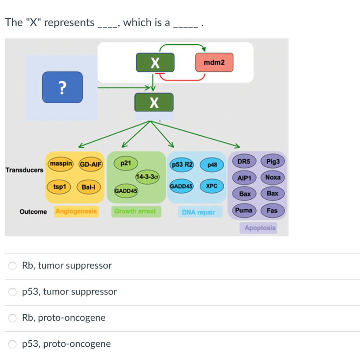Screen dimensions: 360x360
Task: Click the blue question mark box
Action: click(x=63, y=87)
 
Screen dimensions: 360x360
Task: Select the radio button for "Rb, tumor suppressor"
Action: click(x=13, y=266)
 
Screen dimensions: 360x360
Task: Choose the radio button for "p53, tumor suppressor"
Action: click(x=13, y=292)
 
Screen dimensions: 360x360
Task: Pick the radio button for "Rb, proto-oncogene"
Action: click(x=13, y=318)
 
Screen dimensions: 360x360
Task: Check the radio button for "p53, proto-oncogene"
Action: click(x=13, y=344)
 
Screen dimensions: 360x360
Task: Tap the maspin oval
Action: click(x=61, y=164)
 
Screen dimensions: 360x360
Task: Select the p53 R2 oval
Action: click(x=181, y=165)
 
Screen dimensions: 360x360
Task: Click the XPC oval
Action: click(x=212, y=186)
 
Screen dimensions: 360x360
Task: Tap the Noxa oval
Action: click(x=273, y=178)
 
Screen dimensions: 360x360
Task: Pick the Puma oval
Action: click(x=244, y=211)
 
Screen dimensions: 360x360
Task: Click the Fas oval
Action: click(x=272, y=211)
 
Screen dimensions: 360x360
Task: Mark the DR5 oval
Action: click(x=244, y=162)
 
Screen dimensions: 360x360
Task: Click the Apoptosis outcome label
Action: click(x=260, y=228)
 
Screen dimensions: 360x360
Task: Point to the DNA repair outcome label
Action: click(x=198, y=212)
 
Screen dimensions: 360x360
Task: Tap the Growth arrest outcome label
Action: click(x=135, y=211)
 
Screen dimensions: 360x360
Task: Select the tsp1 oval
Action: click(x=59, y=187)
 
